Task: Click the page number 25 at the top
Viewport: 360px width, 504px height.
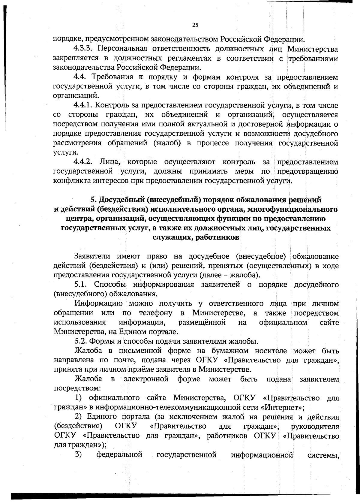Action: [195, 25]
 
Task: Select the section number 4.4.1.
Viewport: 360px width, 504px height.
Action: [84, 106]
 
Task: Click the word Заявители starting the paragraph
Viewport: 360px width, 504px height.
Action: [92, 257]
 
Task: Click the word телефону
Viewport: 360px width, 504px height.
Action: [156, 313]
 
